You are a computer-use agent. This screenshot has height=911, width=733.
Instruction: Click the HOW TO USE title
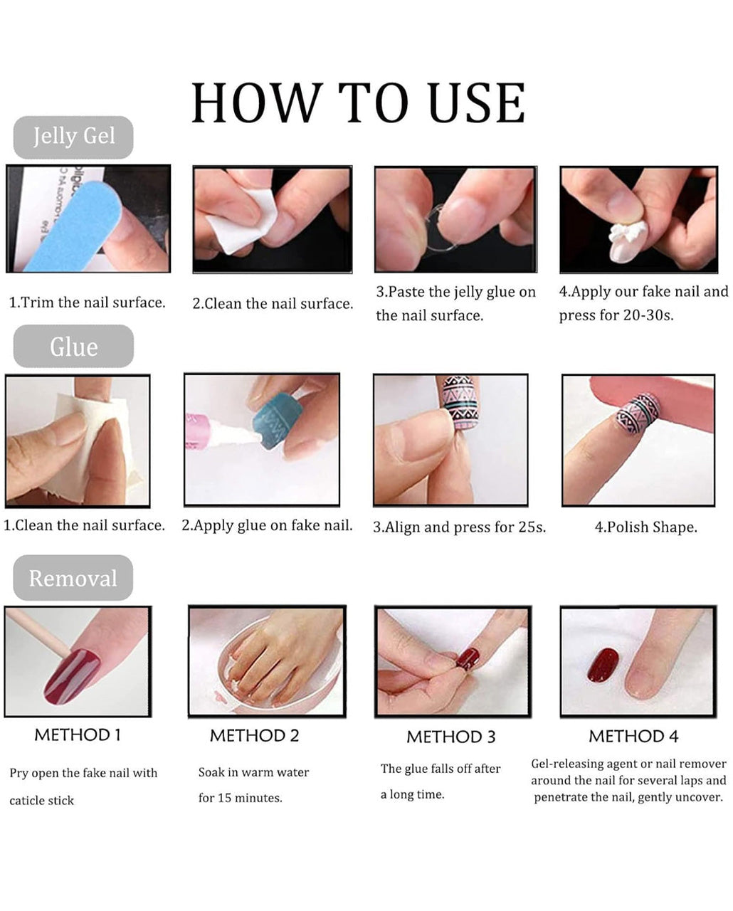[358, 103]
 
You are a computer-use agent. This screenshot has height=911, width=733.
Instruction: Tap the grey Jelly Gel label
[73, 137]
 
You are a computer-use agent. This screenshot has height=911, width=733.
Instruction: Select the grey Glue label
[73, 347]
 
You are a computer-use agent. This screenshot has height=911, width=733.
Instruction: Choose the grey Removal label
[73, 578]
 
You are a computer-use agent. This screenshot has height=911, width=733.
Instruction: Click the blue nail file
[72, 226]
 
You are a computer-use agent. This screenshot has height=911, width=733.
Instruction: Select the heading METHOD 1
[78, 735]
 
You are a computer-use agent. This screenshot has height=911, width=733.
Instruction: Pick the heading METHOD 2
[254, 736]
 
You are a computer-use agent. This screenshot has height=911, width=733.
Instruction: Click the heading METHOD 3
[450, 737]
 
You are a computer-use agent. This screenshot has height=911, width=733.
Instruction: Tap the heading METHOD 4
[633, 737]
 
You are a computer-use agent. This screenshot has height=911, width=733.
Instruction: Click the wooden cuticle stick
[38, 631]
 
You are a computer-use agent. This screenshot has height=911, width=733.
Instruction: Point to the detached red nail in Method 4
[603, 665]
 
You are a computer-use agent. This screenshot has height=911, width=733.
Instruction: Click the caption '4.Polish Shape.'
[645, 527]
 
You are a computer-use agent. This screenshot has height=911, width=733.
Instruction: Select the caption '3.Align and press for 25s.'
[460, 527]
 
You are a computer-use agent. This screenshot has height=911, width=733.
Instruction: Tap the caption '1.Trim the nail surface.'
[88, 302]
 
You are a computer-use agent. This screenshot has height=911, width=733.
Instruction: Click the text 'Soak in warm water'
[253, 772]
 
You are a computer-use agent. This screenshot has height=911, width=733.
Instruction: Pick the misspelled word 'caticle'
[25, 801]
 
